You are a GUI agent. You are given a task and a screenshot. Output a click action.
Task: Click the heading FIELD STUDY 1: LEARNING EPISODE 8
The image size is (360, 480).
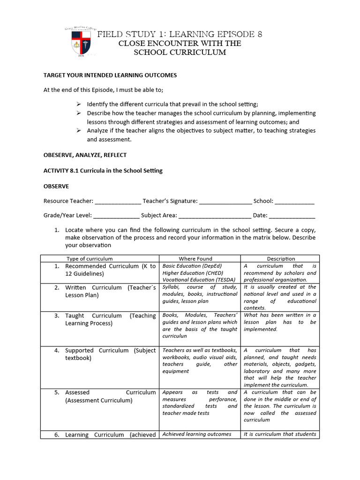tap(180, 34)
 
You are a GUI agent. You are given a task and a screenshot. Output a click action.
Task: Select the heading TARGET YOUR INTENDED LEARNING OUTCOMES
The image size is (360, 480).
tap(110, 75)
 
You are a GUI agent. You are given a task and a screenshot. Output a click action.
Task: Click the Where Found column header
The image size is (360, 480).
tap(195, 259)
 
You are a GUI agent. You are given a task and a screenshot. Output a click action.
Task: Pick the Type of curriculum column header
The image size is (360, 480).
tap(90, 259)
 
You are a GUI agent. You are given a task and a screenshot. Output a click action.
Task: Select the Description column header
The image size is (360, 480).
tap(281, 259)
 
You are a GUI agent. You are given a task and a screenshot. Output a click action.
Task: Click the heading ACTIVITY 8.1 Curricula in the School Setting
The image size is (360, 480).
tap(103, 171)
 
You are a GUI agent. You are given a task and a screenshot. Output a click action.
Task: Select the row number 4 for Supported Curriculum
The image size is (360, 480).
tap(56, 351)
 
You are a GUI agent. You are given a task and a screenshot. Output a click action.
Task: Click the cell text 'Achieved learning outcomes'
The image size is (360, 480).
tap(197, 434)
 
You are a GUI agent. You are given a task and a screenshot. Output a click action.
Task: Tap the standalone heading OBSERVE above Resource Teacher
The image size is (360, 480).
tap(56, 186)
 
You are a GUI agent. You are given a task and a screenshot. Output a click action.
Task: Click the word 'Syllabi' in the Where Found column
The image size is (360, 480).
tap(171, 287)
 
